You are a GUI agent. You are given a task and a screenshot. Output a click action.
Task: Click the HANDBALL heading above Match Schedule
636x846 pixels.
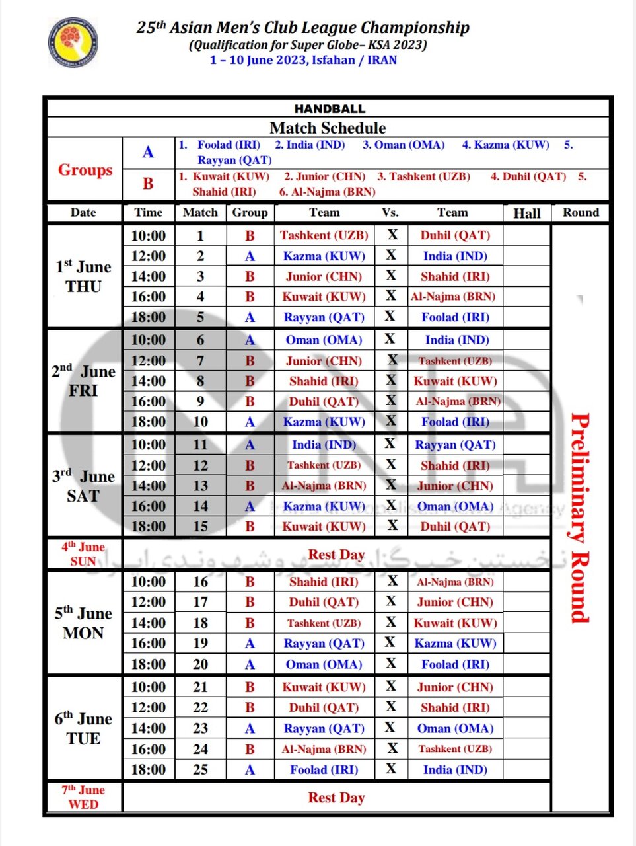329,109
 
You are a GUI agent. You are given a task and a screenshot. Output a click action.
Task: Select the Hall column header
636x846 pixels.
526,213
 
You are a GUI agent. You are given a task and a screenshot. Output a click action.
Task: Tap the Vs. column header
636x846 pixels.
390,212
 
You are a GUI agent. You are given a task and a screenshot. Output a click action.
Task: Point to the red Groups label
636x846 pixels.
85,170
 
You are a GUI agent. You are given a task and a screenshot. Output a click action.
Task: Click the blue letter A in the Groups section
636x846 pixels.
149,153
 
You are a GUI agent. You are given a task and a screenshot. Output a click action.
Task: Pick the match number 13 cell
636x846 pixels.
200,486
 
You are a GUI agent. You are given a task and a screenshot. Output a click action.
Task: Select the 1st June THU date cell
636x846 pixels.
83,276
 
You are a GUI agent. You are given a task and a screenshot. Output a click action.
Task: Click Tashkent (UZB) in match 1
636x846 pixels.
324,235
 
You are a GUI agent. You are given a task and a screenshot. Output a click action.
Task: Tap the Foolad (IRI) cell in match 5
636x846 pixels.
455,317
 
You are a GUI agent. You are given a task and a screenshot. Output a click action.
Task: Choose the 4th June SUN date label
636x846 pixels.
83,554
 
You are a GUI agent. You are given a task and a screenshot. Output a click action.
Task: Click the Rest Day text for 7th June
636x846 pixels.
336,798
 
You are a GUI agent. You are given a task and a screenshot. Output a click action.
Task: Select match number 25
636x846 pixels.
200,769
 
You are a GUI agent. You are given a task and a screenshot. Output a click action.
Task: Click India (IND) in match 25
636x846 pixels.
455,769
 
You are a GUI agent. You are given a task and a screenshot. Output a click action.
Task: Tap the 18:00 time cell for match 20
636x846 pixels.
149,664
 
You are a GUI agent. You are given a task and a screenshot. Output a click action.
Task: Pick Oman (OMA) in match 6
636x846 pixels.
324,340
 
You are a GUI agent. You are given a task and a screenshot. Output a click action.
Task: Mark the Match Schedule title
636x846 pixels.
328,128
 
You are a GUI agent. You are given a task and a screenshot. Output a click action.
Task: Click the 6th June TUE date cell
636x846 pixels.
83,728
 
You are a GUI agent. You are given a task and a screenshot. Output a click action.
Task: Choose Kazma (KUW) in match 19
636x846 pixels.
455,644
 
